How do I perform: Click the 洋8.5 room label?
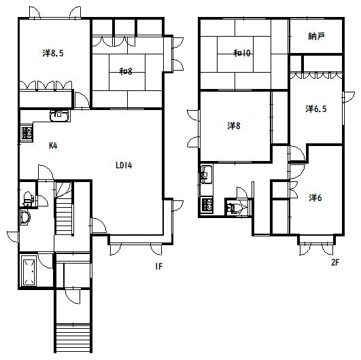pyautogui.click(x=53, y=54)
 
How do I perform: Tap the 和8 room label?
pyautogui.click(x=126, y=71)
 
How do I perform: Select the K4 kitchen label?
pyautogui.click(x=53, y=145)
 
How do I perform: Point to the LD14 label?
pyautogui.click(x=124, y=165)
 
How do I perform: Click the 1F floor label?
pyautogui.click(x=158, y=266)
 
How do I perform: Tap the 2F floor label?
pyautogui.click(x=335, y=262)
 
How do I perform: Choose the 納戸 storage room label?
pyautogui.click(x=316, y=36)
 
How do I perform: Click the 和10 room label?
pyautogui.click(x=242, y=54)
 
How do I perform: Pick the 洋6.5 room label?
pyautogui.click(x=316, y=109)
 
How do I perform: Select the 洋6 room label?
pyautogui.click(x=315, y=198)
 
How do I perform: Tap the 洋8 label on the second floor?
pyautogui.click(x=234, y=126)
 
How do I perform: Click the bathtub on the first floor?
pyautogui.click(x=29, y=270)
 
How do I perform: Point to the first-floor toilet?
pyautogui.click(x=28, y=199)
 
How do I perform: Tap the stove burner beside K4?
pyautogui.click(x=27, y=133)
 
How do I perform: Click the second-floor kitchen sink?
pyautogui.click(x=206, y=174)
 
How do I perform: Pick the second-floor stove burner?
pyautogui.click(x=207, y=205)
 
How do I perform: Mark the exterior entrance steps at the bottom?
pyautogui.click(x=73, y=338)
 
